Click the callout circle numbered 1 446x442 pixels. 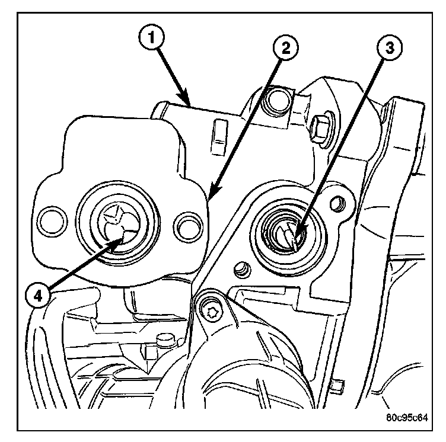tap(152, 38)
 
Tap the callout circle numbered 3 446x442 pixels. tap(390, 47)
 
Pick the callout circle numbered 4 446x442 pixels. tap(38, 296)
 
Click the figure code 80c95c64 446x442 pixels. tap(407, 418)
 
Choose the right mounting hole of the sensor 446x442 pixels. tap(188, 226)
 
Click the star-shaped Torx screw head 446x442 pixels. tap(211, 312)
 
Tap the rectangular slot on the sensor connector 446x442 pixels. tap(219, 137)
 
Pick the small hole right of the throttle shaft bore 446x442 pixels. tap(337, 204)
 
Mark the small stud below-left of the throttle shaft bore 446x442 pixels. tap(243, 270)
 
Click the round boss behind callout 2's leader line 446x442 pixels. tap(277, 101)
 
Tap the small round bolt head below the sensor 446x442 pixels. tap(164, 340)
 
